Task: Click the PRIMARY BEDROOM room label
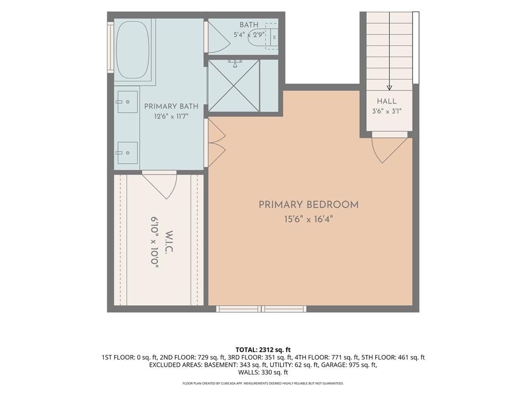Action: click(x=308, y=205)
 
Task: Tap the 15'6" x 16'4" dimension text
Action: click(x=308, y=220)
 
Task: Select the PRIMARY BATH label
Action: click(x=171, y=106)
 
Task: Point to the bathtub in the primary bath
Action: click(x=133, y=50)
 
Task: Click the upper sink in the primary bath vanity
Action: click(x=127, y=102)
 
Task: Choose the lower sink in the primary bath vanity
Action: click(x=127, y=153)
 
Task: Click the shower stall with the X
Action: click(x=234, y=86)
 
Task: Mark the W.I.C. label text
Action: click(x=170, y=242)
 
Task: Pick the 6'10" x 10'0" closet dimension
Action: click(x=154, y=242)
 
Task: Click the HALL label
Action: click(x=386, y=101)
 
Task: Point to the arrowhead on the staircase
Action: click(x=389, y=88)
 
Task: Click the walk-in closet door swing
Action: click(x=160, y=185)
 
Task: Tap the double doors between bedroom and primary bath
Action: click(x=216, y=144)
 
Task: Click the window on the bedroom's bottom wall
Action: click(x=261, y=308)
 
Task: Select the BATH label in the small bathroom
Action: click(x=249, y=25)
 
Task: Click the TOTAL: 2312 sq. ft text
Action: click(x=263, y=350)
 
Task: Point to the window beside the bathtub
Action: click(x=110, y=47)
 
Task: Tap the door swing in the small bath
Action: click(x=218, y=37)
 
